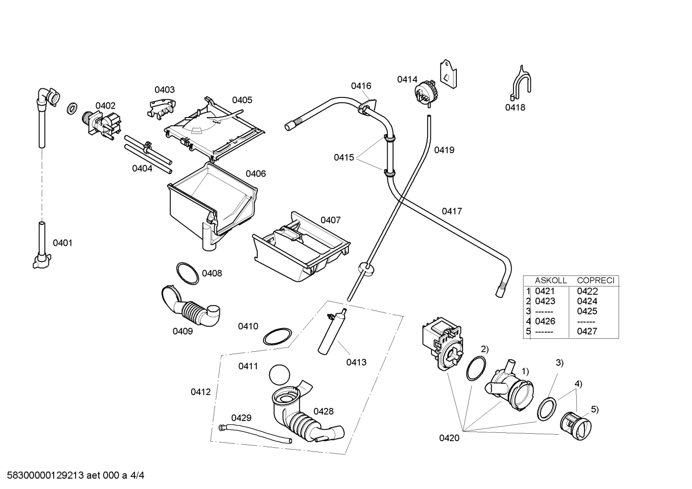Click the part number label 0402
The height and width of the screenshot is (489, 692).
[105, 106]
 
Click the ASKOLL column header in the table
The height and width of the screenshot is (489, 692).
[551, 280]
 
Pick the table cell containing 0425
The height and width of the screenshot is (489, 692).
[587, 311]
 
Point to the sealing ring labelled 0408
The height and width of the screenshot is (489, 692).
[187, 273]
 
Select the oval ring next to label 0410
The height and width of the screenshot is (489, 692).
[277, 337]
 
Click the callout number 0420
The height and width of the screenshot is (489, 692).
[449, 438]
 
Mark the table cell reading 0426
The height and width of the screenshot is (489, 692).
[545, 321]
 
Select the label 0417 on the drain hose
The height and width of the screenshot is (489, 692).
[452, 211]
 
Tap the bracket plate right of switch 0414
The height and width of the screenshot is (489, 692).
[448, 74]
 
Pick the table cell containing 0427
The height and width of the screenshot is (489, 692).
[587, 331]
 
